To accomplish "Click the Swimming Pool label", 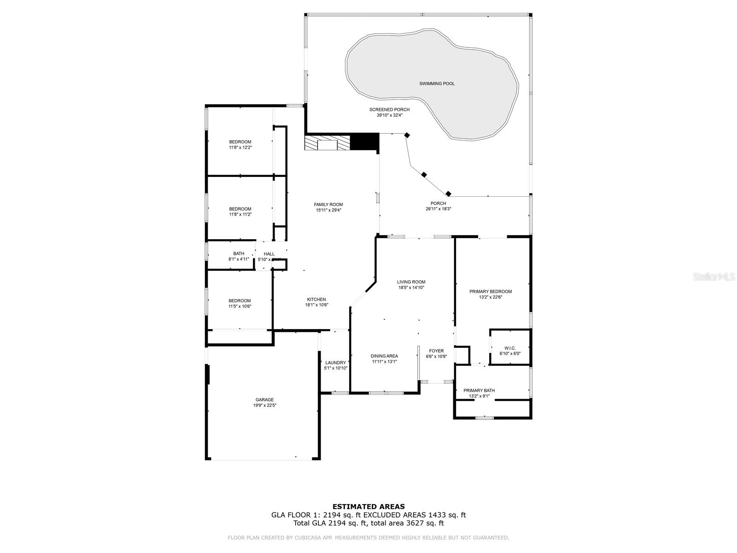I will point(437,83).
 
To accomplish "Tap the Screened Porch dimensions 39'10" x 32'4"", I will point(389,115).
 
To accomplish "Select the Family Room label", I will point(328,205).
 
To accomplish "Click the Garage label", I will point(264,400).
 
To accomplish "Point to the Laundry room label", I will point(335,363).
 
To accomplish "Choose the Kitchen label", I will point(316,300).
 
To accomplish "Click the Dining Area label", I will point(384,356).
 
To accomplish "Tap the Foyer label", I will point(436,351).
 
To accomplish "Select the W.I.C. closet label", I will point(509,348).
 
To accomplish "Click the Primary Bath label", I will point(479,390).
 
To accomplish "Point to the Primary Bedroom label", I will point(491,291).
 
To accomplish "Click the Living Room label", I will point(411,282).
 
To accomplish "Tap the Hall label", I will point(269,254).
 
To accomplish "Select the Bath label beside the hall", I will point(239,253).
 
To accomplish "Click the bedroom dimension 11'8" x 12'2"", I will point(240,147).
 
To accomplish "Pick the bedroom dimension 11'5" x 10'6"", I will point(240,306).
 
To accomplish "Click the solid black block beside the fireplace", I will point(364,141).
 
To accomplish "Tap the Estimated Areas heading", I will point(368,506).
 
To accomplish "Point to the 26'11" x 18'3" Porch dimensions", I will point(438,209).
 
